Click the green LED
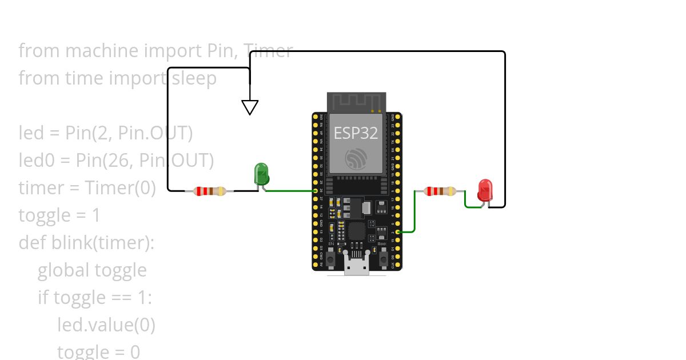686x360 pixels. (261, 173)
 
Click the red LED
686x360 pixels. (485, 190)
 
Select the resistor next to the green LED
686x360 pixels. (210, 191)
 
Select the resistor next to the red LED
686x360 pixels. (440, 191)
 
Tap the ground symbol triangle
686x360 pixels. (250, 107)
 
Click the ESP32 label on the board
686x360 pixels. (356, 133)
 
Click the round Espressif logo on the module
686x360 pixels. (356, 158)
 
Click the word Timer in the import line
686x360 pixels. (269, 51)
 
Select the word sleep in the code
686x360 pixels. (194, 78)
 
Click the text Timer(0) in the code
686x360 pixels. (120, 188)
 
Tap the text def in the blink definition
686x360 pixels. (32, 243)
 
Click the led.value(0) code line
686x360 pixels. (106, 325)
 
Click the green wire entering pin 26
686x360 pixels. (289, 191)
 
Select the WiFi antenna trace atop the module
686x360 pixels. (356, 102)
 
